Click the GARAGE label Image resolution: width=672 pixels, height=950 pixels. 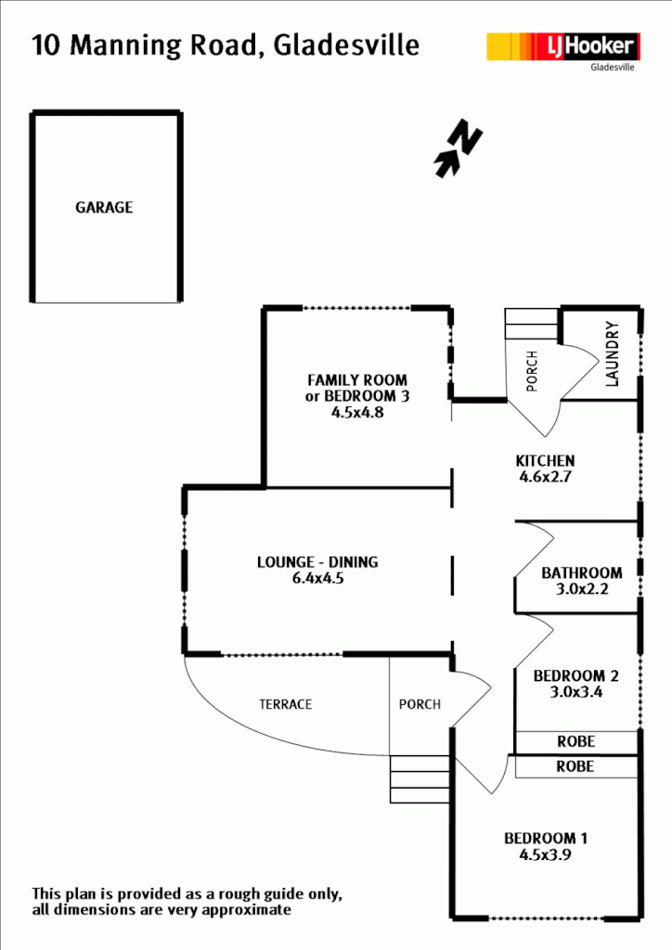[x=104, y=208]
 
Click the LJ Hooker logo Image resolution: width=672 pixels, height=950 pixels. [x=562, y=46]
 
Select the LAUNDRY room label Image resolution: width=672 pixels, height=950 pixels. [x=612, y=353]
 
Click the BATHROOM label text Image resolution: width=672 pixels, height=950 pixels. [x=581, y=572]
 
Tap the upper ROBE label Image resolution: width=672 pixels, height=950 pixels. [x=575, y=742]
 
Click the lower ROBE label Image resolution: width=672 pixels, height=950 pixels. [x=575, y=767]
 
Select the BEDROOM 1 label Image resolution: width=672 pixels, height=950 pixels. [x=545, y=839]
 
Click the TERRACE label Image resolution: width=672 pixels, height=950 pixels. [x=285, y=704]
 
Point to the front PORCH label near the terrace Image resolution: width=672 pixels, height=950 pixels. [x=420, y=704]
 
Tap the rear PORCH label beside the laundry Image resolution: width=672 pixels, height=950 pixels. [x=532, y=371]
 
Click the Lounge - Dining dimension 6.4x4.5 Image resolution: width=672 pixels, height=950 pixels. [x=317, y=579]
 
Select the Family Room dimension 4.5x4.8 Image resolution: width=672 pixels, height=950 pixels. [x=357, y=413]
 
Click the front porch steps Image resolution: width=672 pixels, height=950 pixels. [x=420, y=779]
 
